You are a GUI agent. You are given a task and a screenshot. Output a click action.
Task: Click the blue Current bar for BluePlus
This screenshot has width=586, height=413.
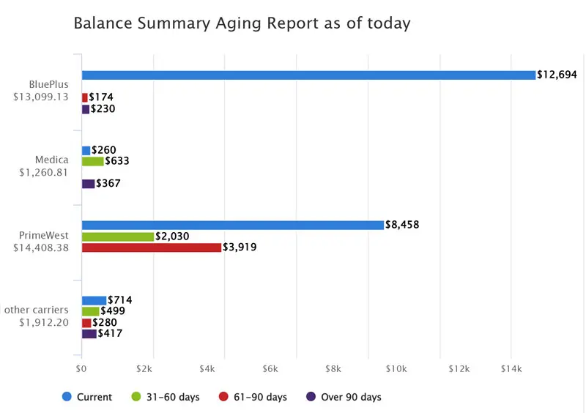[308, 75]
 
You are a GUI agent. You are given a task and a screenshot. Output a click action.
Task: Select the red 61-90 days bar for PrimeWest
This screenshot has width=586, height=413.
[151, 248]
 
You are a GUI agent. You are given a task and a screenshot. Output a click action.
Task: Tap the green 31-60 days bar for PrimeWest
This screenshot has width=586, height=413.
[117, 237]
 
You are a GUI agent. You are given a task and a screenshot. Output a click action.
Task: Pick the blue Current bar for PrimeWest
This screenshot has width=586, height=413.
[232, 225]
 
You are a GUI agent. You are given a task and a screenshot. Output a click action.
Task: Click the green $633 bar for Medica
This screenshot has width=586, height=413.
[92, 161]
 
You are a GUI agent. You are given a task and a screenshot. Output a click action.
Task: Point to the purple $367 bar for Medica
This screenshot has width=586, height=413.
[88, 184]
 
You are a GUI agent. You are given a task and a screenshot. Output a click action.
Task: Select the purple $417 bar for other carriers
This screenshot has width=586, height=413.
[89, 334]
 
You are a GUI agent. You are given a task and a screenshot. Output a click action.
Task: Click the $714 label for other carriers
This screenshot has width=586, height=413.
[119, 300]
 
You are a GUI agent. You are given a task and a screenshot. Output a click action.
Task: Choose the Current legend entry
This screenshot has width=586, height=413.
[87, 397]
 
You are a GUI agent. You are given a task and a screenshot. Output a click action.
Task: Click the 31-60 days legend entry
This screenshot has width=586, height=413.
[168, 397]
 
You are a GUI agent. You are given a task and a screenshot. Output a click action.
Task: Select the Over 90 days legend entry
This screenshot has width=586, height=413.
[344, 397]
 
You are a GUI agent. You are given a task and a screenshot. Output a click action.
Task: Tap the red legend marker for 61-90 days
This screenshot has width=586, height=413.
[224, 397]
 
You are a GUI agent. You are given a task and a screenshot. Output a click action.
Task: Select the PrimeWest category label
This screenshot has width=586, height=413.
[45, 236]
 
